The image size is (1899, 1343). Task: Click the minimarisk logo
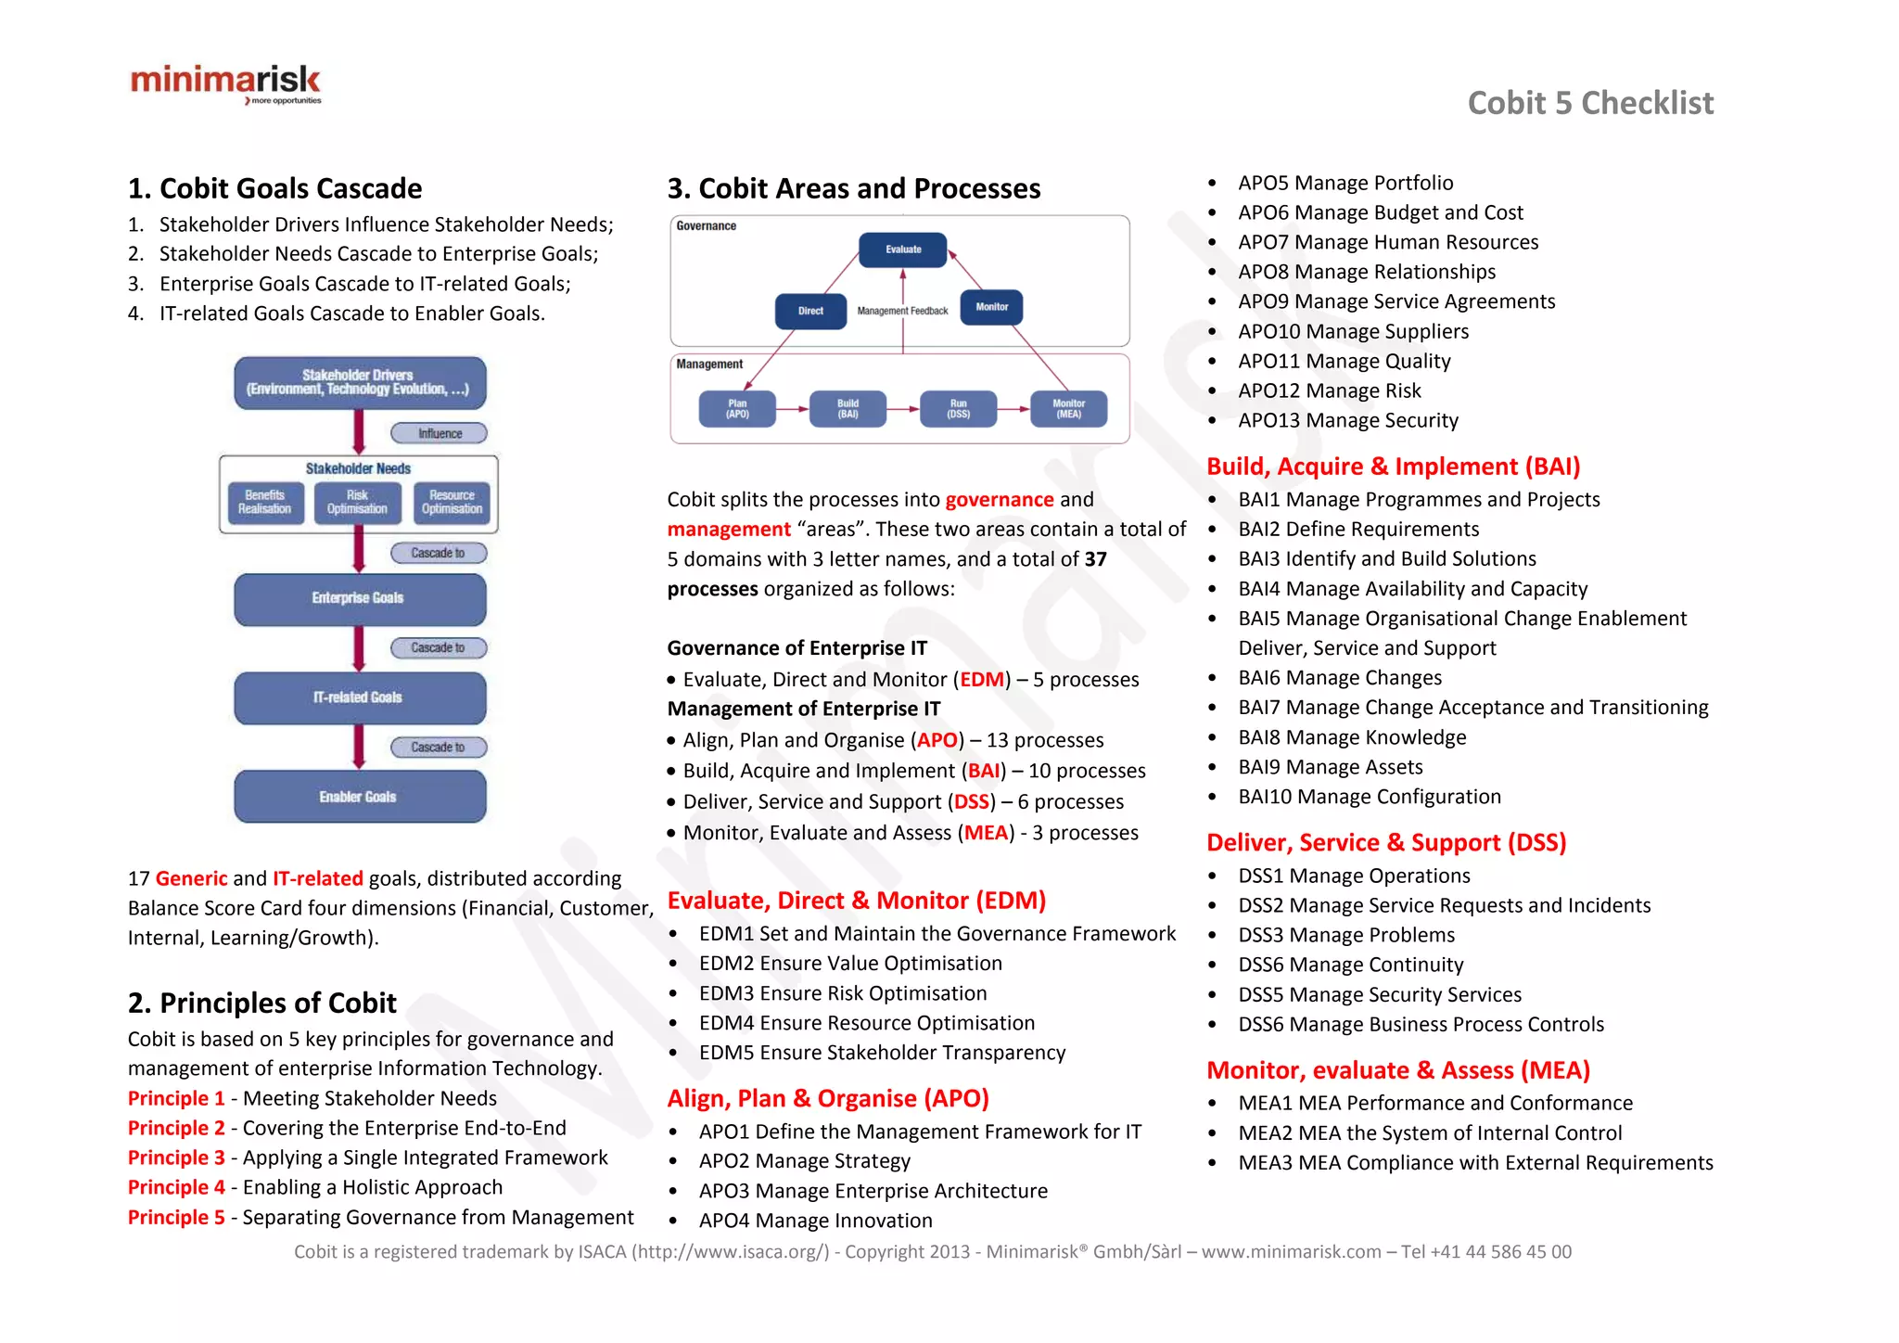(x=225, y=83)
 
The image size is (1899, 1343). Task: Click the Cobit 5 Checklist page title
(x=1589, y=103)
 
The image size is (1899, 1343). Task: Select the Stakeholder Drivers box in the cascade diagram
(x=359, y=382)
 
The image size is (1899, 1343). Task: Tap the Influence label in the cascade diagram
(x=440, y=433)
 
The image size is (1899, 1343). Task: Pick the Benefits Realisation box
(x=264, y=503)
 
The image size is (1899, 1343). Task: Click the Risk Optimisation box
(x=357, y=503)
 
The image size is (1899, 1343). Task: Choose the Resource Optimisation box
(x=452, y=503)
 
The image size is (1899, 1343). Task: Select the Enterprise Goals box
(x=359, y=598)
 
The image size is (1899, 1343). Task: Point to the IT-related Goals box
(x=359, y=697)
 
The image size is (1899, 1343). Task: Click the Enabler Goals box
(x=359, y=797)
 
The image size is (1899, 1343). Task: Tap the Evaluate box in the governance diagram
(x=903, y=249)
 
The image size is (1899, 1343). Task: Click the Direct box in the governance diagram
(x=810, y=311)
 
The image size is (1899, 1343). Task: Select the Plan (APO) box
(x=737, y=409)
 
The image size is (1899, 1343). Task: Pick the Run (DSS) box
(x=958, y=409)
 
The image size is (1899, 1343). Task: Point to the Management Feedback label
(x=902, y=312)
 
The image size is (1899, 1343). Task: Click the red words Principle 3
(x=176, y=1158)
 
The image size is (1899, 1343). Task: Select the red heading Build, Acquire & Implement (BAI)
(x=1393, y=467)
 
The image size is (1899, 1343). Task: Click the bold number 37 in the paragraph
(x=1095, y=559)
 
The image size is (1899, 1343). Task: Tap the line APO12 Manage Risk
(x=1329, y=390)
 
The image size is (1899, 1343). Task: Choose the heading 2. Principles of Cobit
(x=261, y=1003)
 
